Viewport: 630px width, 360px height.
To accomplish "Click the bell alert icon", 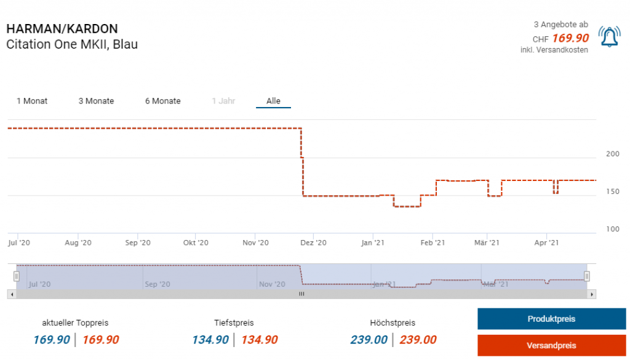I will (x=609, y=38).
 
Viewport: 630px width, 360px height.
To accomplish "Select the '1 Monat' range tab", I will (x=32, y=101).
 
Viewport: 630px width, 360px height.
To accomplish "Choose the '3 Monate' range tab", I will (x=96, y=101).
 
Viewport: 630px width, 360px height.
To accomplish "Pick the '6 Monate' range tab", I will (x=162, y=101).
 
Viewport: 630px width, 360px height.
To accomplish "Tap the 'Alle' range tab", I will (x=273, y=101).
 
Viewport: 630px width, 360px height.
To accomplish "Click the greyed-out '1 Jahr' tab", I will (x=223, y=101).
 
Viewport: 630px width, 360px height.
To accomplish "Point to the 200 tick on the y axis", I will (x=613, y=154).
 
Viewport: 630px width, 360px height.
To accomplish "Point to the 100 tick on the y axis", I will (x=613, y=229).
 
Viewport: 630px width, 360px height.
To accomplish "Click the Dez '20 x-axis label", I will (x=313, y=242).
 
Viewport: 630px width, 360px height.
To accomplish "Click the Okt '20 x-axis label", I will (x=196, y=242).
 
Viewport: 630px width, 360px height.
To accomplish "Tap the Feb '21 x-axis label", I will (x=433, y=242).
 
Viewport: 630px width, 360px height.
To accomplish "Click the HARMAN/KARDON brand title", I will (x=62, y=29).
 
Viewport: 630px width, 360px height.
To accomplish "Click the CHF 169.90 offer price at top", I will (x=570, y=38).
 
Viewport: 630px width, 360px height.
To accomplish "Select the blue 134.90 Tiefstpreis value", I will (x=210, y=340).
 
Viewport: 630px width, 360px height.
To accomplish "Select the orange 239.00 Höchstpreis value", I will (x=418, y=340).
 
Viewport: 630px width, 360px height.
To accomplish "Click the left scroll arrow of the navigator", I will (x=10, y=294).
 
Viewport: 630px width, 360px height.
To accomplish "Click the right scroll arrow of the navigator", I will (x=592, y=294).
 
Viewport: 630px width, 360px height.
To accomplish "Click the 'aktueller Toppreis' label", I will (x=75, y=322).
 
